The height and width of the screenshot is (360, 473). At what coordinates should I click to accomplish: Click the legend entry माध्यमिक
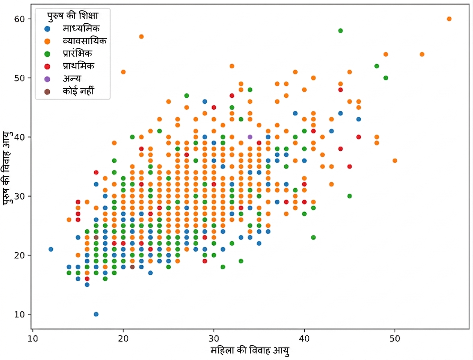click(x=81, y=29)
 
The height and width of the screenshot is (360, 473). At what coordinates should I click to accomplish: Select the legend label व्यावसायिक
click(x=84, y=41)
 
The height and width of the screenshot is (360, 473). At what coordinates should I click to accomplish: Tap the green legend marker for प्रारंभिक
click(x=47, y=54)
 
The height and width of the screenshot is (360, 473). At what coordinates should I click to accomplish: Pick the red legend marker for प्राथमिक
click(x=47, y=67)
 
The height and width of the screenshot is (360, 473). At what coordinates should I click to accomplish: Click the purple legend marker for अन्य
click(x=47, y=79)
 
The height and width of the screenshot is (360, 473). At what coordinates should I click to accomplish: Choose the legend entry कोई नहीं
click(x=78, y=91)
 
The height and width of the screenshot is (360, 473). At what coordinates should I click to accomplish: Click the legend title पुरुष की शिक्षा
click(x=73, y=16)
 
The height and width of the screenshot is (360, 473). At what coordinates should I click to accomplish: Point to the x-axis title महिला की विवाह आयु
click(x=250, y=351)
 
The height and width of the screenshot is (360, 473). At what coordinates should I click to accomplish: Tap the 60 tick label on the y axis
click(x=19, y=19)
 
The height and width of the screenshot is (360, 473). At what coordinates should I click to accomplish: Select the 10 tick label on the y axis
click(x=19, y=315)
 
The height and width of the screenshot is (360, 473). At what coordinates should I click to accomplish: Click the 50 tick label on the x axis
click(x=395, y=339)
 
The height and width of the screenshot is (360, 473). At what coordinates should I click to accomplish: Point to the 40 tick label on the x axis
click(x=304, y=339)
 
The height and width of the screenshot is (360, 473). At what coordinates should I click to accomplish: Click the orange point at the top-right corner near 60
click(x=449, y=19)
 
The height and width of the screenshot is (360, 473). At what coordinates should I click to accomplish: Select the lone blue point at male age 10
click(x=96, y=314)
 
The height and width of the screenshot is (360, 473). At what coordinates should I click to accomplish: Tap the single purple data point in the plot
click(x=250, y=137)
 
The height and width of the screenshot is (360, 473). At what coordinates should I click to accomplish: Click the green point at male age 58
click(x=340, y=31)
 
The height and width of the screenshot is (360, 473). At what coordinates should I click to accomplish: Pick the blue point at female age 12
click(x=51, y=250)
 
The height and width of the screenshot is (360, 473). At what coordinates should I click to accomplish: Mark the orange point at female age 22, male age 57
click(x=141, y=37)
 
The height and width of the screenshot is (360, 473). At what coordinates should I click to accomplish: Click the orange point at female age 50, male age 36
click(x=395, y=161)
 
